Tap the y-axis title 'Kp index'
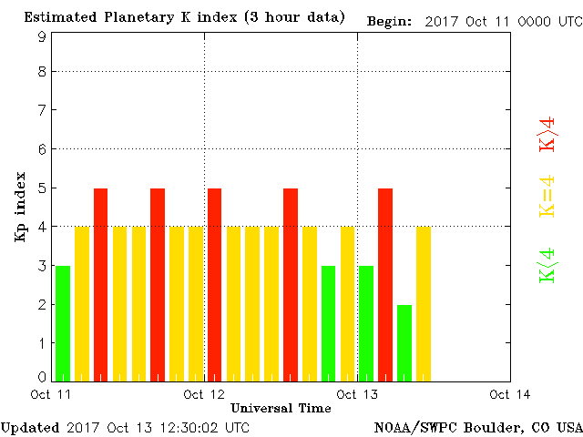20,208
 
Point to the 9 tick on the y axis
42,37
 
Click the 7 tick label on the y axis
42,110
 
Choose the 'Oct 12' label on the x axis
205,394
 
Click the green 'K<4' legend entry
547,266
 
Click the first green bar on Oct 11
63,323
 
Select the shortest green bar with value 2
404,342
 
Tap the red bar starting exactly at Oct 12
215,284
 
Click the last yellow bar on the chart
424,303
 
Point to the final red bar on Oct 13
385,284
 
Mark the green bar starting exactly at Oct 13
366,323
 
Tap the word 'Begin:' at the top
389,20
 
